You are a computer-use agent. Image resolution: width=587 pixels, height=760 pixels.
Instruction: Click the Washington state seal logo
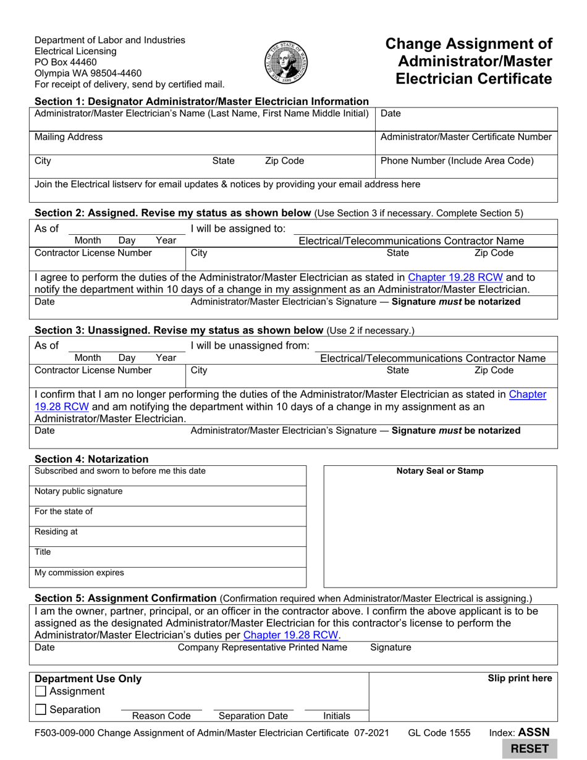(286, 63)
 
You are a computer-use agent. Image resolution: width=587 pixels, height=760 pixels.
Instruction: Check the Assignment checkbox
(41, 691)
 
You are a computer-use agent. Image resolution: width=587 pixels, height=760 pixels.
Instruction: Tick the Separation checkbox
(41, 710)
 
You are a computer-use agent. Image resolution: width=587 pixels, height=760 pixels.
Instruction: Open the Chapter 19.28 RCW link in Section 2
(455, 277)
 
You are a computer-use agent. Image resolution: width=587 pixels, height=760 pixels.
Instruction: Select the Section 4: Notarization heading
(91, 459)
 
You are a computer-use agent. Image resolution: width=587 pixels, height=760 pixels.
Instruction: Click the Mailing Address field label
(69, 137)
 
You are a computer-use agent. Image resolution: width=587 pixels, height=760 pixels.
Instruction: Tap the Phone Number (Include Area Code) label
(457, 161)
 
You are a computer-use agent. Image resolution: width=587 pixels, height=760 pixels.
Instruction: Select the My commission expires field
(79, 573)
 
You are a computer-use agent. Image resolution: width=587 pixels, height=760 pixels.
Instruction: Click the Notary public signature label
(78, 491)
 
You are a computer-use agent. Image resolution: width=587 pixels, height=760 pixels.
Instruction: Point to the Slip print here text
(520, 678)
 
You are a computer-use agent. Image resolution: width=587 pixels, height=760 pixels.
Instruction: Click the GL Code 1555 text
(439, 733)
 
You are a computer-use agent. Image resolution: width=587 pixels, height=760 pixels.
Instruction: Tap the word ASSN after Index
(534, 733)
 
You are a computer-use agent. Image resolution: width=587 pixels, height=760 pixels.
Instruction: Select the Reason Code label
(161, 716)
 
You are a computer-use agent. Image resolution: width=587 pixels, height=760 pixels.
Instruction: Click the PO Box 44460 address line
(65, 62)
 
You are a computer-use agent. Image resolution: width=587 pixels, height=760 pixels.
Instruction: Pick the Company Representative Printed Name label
(262, 648)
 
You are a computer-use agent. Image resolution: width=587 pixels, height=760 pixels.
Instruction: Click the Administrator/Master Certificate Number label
(466, 137)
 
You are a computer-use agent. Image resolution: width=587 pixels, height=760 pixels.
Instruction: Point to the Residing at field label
(56, 532)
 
